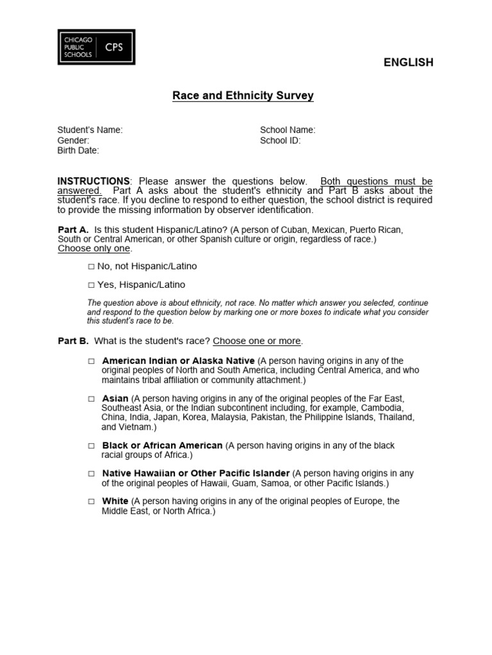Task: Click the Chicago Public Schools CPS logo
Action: pos(96,47)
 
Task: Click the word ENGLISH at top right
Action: pos(408,62)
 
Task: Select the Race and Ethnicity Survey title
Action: pos(243,96)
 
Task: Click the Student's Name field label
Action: pos(90,130)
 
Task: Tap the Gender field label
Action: pos(73,140)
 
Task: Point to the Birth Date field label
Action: pos(78,150)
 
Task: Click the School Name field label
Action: pos(288,130)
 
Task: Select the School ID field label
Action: pos(280,140)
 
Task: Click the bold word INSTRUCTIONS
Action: pos(94,181)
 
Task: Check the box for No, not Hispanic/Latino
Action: pos(92,266)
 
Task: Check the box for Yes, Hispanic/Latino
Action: pos(92,285)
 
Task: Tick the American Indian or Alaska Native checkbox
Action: pos(92,361)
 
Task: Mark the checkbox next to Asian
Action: pos(92,399)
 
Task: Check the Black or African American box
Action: pos(92,445)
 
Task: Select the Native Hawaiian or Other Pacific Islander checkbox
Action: pos(92,473)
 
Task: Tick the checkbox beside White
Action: pos(92,501)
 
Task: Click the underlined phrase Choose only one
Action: pos(94,248)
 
